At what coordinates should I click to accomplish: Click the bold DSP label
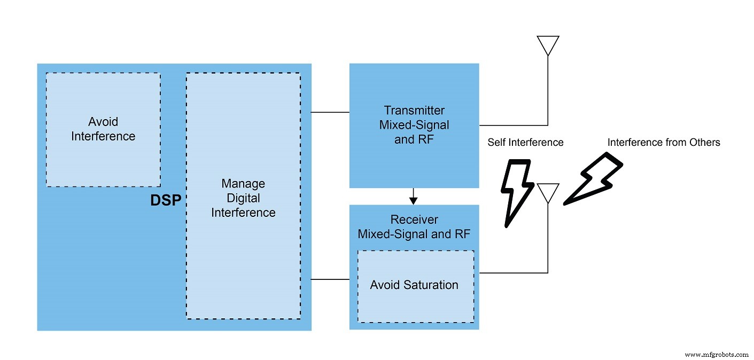(166, 200)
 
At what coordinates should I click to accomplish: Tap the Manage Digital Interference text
(243, 198)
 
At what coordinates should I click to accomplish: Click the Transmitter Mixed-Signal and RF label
(414, 125)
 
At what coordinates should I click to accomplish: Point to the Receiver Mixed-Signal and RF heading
(414, 227)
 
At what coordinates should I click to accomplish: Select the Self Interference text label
(525, 142)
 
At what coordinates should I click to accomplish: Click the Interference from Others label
(664, 142)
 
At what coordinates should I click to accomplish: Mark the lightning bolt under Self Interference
(517, 193)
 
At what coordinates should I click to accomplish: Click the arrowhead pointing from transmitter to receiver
(414, 200)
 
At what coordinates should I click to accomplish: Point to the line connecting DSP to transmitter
(330, 112)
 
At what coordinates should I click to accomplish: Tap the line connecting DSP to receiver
(330, 279)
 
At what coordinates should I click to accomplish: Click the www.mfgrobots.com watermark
(717, 355)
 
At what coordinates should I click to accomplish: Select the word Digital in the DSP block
(243, 198)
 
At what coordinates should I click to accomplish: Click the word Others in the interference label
(705, 142)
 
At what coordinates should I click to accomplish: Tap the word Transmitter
(414, 111)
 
